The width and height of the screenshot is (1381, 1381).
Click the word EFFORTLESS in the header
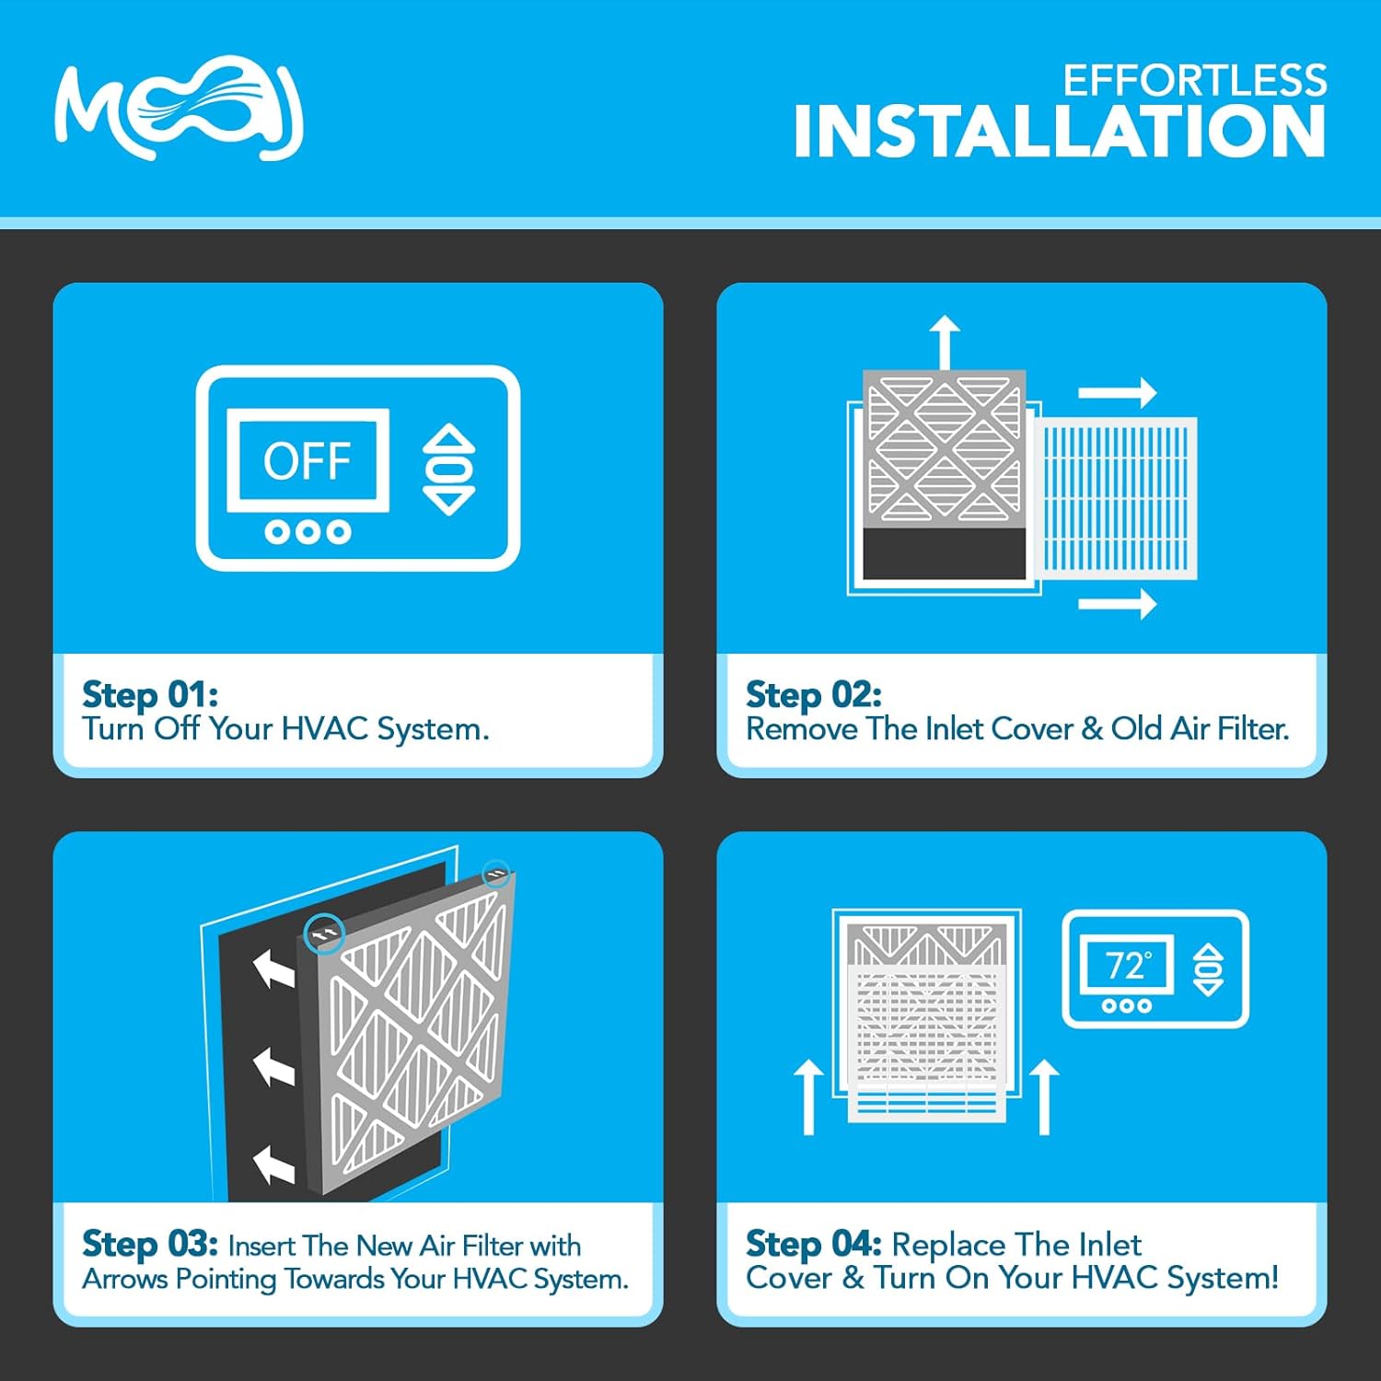tap(1194, 81)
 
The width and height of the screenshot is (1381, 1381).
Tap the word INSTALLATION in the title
tap(1059, 132)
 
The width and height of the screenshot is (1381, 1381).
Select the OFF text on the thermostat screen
tap(308, 460)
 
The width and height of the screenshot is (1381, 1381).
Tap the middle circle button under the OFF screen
tap(308, 532)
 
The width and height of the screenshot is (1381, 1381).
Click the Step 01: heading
tap(150, 694)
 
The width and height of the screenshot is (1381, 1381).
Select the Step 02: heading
tap(813, 694)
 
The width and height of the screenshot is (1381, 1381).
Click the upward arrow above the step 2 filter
tap(945, 341)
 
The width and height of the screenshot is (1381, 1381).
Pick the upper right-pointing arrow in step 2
tap(1117, 393)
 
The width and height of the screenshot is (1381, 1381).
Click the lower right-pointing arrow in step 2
tap(1117, 604)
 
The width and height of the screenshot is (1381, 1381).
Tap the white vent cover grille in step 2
tap(1117, 498)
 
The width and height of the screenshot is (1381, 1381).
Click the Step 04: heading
tap(813, 1244)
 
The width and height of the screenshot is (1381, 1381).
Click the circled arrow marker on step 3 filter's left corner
tap(324, 934)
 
